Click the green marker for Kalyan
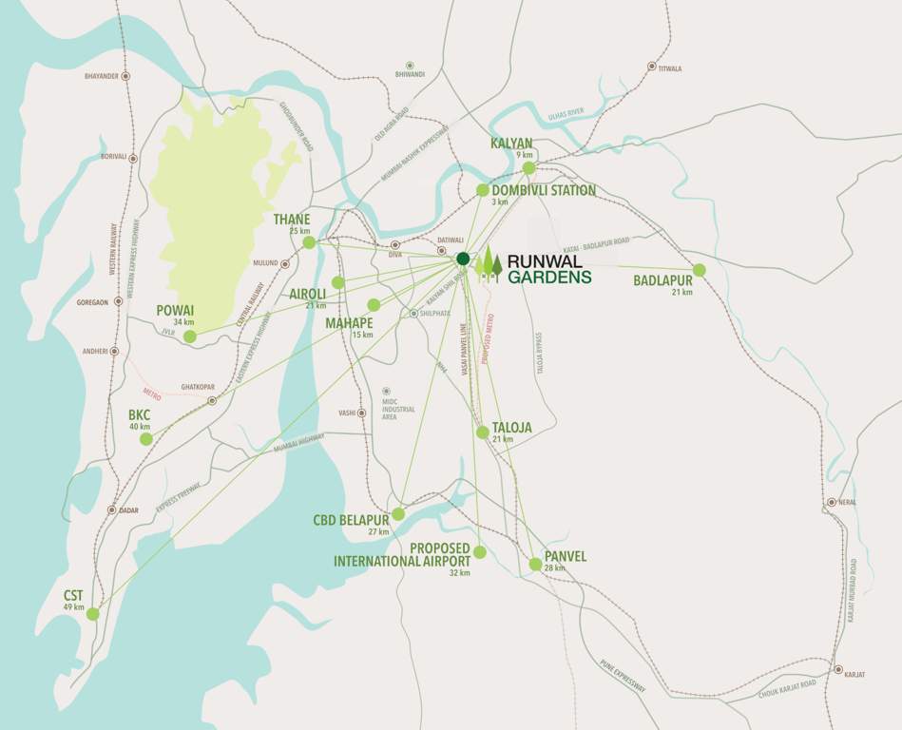(x=529, y=168)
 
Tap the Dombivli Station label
(x=544, y=190)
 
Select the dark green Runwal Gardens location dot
(x=463, y=259)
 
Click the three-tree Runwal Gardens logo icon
(x=489, y=264)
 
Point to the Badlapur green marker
(x=700, y=270)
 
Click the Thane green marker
(x=309, y=242)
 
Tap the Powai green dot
(x=190, y=336)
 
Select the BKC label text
(x=140, y=414)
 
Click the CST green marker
(x=92, y=614)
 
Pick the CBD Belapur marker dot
(x=398, y=514)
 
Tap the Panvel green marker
(x=535, y=565)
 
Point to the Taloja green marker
(x=483, y=432)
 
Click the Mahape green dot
(x=374, y=305)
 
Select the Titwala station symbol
(x=652, y=67)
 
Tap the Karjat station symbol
(x=837, y=669)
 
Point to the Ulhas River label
(x=571, y=117)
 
